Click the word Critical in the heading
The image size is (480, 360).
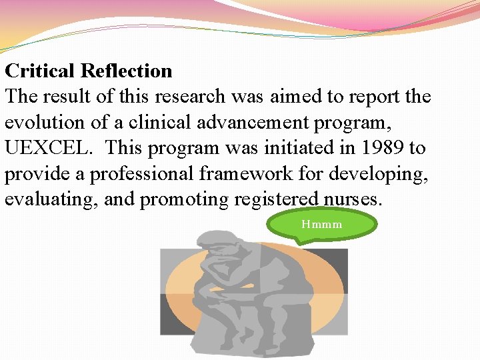(41, 71)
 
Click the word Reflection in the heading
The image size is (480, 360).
(127, 71)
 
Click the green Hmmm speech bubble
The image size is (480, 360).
(321, 225)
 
